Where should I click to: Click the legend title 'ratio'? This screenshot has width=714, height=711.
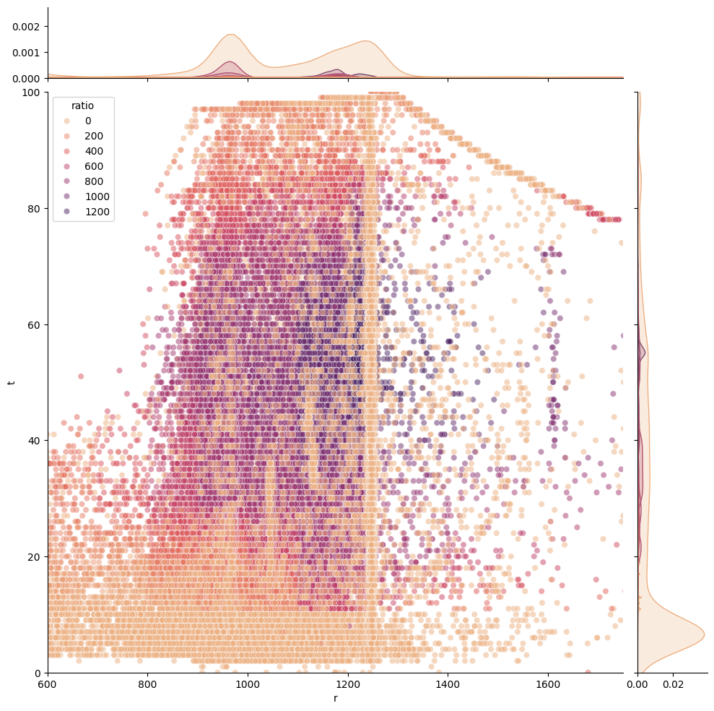tap(82, 105)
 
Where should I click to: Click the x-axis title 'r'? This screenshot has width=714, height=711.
tap(335, 698)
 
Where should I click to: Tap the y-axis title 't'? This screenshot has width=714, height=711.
tap(12, 382)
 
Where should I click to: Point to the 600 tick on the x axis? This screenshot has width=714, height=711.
tap(48, 683)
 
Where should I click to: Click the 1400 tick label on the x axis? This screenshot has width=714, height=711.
tap(448, 683)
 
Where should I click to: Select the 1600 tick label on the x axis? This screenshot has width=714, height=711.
tap(548, 683)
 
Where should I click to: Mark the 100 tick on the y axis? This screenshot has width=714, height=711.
tap(32, 92)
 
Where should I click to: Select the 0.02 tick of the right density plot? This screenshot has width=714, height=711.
tap(673, 683)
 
